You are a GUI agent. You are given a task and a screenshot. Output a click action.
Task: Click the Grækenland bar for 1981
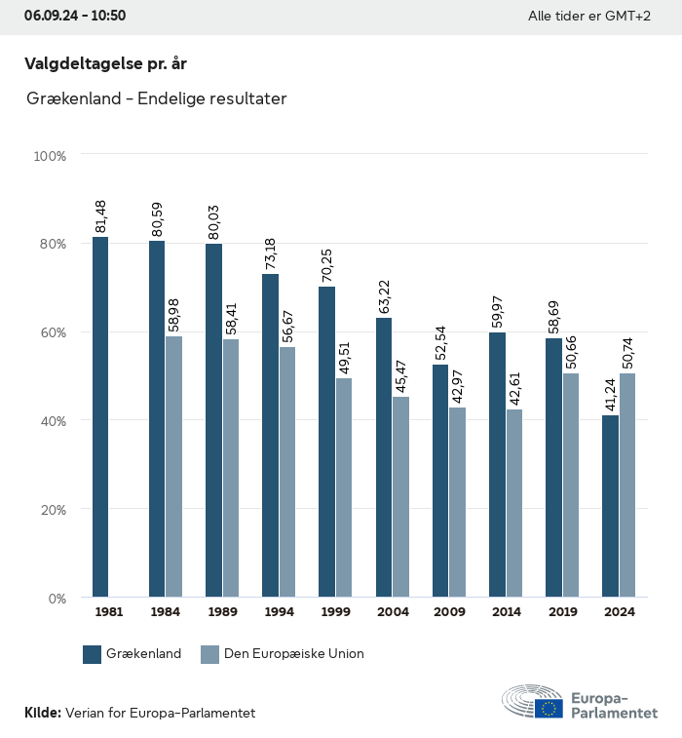coord(100,416)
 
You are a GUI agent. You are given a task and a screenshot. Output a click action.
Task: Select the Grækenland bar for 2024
coord(611,506)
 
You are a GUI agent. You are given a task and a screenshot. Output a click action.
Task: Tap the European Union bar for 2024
coord(627,485)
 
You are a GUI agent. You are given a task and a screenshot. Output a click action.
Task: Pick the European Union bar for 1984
coord(173,466)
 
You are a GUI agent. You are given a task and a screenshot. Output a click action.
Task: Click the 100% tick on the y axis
coord(50,156)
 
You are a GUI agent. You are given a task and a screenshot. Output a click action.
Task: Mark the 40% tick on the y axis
coord(52,421)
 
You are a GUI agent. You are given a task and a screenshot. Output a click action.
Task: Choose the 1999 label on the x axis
coord(335,612)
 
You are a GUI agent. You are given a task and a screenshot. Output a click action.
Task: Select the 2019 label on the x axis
coord(562,612)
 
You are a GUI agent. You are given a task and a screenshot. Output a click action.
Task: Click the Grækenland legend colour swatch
coord(93,654)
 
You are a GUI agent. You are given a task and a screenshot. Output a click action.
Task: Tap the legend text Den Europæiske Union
coord(293,654)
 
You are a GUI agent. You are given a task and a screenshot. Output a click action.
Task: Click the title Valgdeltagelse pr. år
coord(105,63)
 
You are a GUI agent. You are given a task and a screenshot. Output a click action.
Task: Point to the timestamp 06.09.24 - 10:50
coord(75,16)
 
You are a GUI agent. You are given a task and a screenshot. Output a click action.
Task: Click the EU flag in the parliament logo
coord(548,708)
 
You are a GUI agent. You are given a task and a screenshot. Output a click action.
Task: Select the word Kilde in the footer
coord(42,713)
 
